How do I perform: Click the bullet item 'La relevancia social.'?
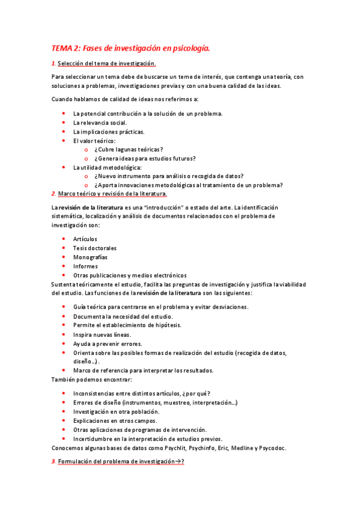100,122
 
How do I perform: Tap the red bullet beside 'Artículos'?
64,239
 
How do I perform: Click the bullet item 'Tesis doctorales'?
95,248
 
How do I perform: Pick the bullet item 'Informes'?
85,266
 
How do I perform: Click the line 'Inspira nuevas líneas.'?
102,334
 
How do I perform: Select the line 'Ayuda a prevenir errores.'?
108,343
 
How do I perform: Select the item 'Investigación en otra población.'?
116,411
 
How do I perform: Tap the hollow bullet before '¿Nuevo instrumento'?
87,176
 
